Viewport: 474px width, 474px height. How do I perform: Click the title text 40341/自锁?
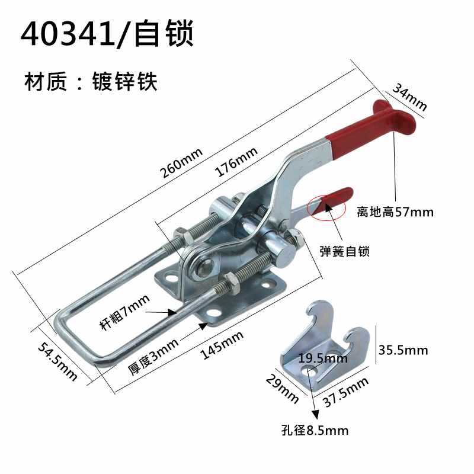pos(107,35)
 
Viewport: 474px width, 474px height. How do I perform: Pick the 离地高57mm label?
pos(395,212)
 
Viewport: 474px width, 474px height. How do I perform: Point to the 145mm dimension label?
pos(222,345)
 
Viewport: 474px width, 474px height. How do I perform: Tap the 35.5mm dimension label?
pos(402,350)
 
